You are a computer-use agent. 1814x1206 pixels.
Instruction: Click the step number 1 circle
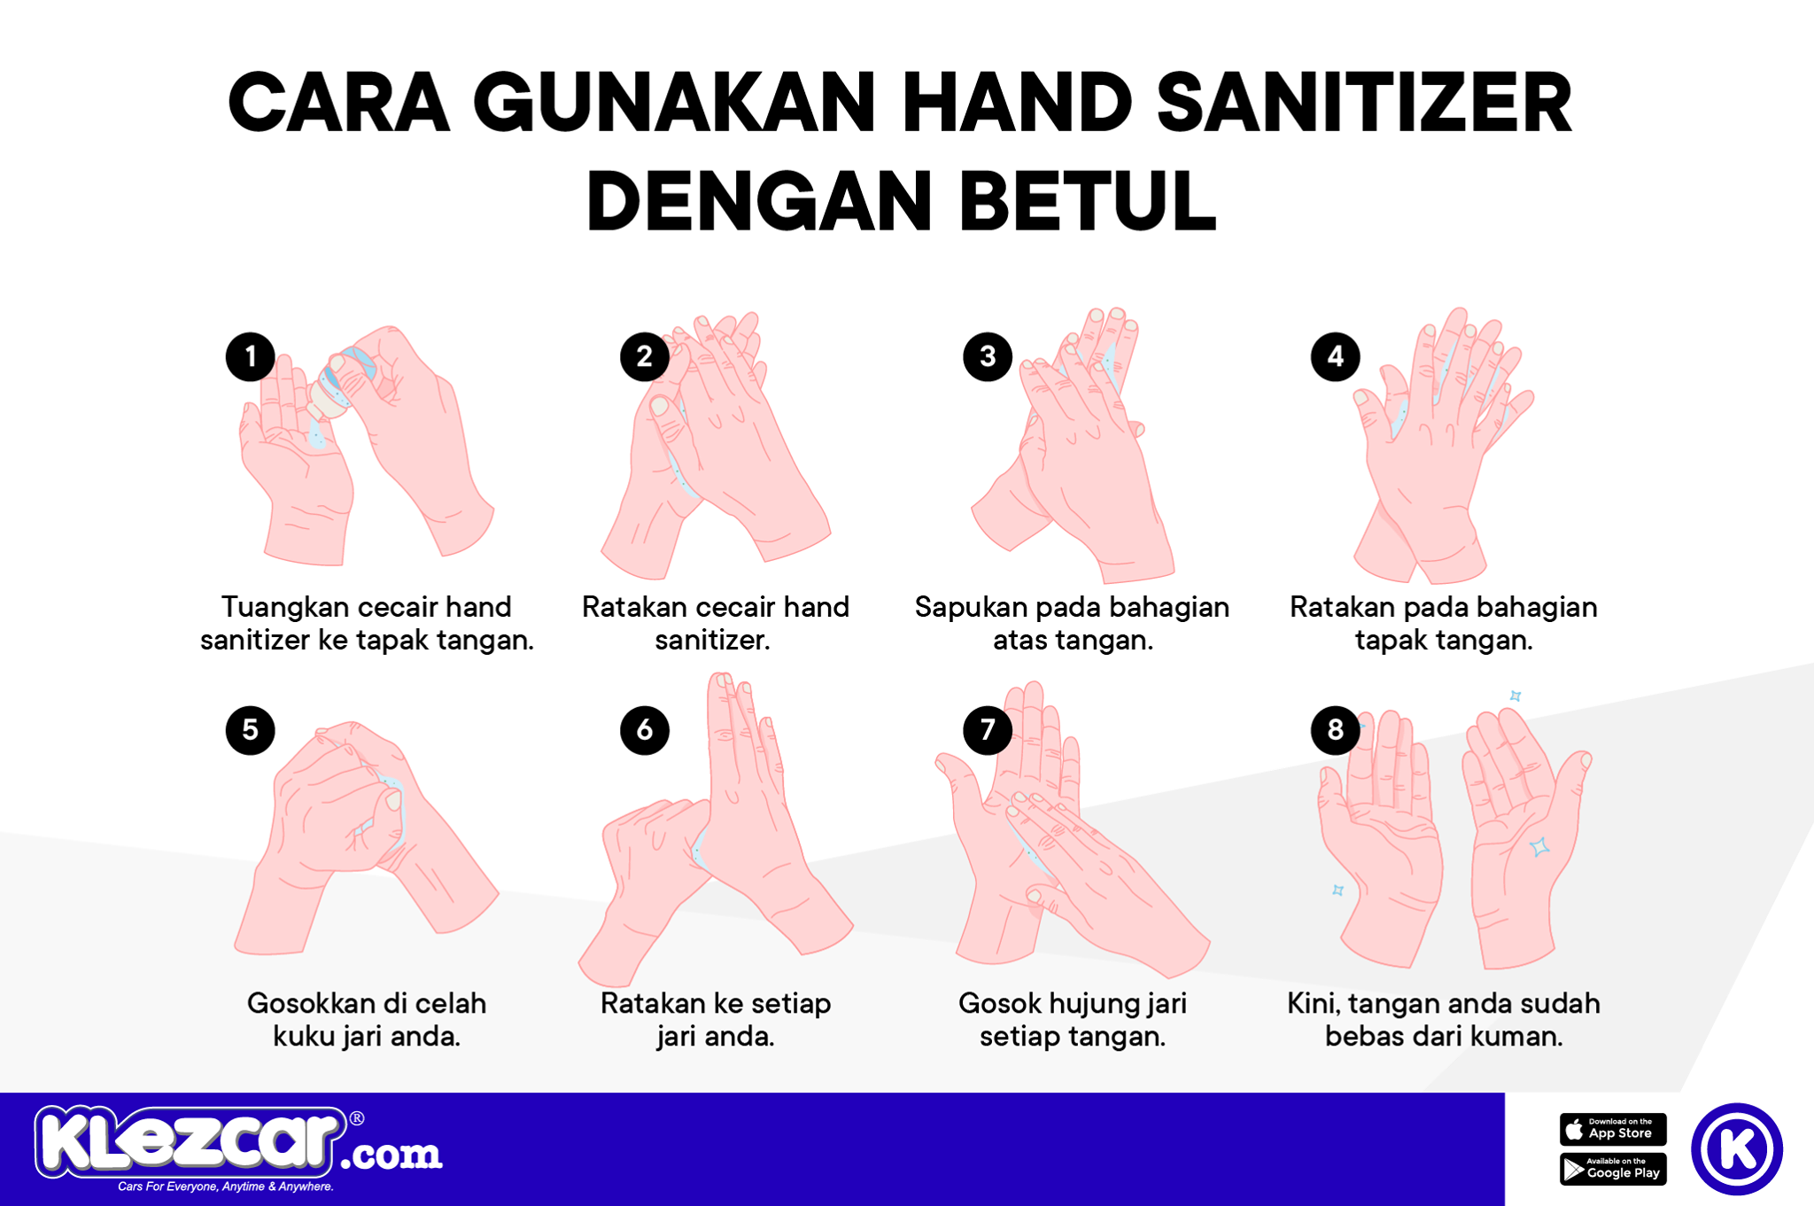(251, 356)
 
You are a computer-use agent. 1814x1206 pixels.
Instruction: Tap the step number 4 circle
(1336, 356)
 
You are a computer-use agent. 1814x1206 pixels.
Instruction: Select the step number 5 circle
(251, 729)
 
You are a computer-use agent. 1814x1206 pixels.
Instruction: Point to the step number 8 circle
(1336, 729)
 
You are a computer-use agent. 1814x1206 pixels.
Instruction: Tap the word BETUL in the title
(1088, 201)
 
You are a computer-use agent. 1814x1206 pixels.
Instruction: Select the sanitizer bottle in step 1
(342, 383)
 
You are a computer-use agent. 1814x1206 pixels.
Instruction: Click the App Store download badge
(1613, 1129)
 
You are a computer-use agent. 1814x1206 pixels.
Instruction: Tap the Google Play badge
(1613, 1169)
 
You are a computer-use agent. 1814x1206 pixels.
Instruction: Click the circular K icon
(1737, 1148)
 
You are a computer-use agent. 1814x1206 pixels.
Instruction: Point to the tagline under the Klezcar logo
(226, 1187)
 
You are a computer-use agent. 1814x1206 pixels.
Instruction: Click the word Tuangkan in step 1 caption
(285, 608)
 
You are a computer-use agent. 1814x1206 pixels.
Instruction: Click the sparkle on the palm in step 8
(1540, 846)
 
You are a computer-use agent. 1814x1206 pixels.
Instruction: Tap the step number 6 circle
(645, 729)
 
